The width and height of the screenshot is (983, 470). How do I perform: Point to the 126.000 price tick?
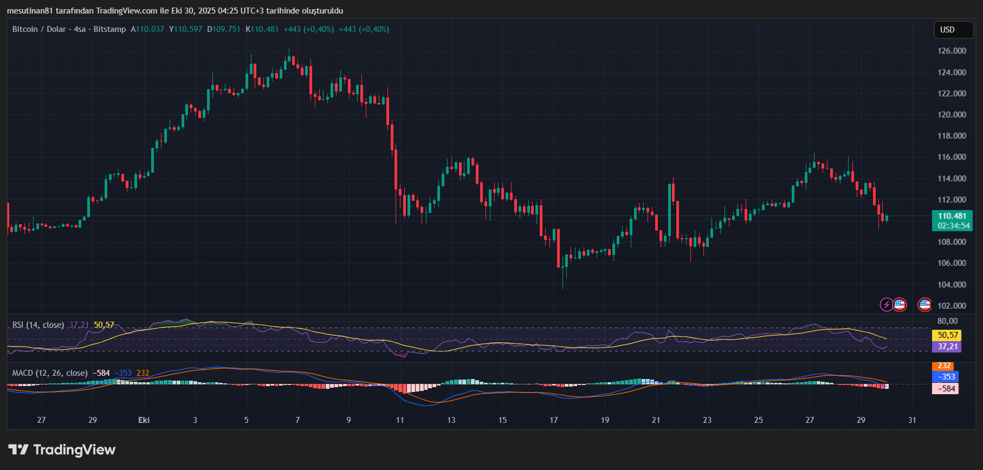952,51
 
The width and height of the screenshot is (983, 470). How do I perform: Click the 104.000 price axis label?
952,285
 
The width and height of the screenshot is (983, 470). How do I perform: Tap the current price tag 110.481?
952,216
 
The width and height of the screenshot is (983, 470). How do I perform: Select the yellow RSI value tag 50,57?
946,335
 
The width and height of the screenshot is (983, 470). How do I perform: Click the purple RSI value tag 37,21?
946,347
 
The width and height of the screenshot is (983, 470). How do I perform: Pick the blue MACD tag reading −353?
946,377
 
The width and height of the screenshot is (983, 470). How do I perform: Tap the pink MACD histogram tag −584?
946,388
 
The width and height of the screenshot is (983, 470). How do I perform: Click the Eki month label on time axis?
144,420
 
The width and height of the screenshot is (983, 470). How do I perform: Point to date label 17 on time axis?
553,420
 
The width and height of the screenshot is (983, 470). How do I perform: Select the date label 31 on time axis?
912,420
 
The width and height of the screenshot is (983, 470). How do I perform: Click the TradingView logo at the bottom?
62,450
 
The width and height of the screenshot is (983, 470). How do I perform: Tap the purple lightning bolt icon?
886,305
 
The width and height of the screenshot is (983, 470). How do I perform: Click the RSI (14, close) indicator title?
38,325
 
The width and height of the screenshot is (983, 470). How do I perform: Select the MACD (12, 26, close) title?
50,373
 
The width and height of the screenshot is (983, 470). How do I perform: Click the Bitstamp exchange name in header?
109,29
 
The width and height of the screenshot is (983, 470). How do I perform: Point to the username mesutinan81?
30,11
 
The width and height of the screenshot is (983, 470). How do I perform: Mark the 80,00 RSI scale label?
947,321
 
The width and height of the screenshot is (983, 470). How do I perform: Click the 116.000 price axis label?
952,157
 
